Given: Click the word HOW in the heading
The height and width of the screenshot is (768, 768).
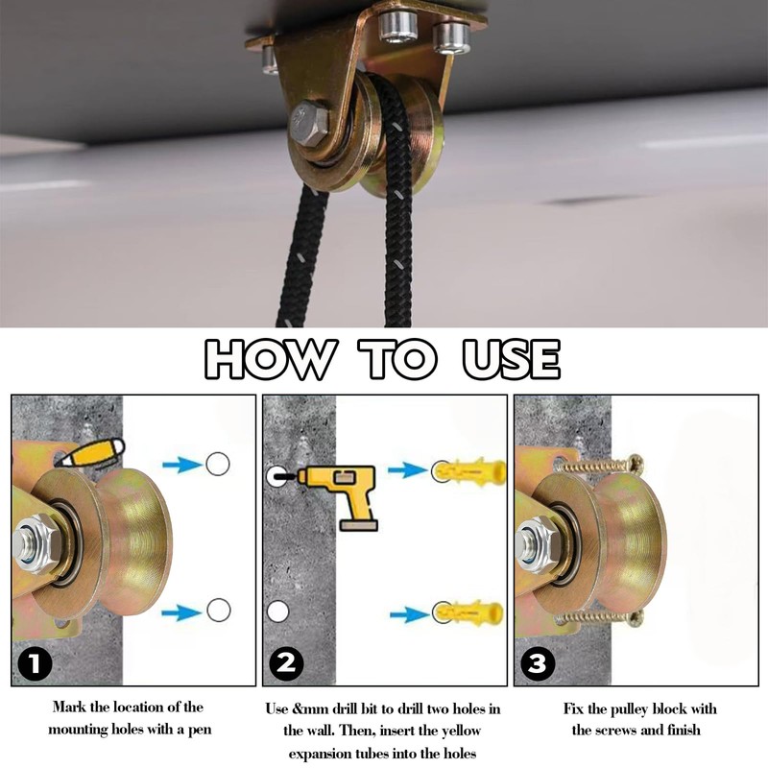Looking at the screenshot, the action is (x=271, y=359).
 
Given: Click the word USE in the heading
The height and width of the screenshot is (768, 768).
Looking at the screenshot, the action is (x=511, y=359).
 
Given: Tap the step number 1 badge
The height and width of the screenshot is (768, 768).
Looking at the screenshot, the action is (x=35, y=663).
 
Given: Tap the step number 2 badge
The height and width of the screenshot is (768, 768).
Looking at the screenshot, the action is (x=286, y=663).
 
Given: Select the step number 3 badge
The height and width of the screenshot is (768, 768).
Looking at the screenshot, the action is (x=538, y=663).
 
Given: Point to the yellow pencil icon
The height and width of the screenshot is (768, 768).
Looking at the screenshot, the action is (x=92, y=452).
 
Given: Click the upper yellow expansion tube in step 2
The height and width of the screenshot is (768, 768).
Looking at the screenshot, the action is (x=469, y=471).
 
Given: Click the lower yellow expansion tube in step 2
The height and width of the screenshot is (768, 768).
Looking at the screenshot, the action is (x=468, y=612).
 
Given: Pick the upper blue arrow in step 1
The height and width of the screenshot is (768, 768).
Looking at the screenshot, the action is (x=182, y=465).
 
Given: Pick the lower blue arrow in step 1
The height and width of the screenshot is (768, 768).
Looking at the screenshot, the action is (x=181, y=612).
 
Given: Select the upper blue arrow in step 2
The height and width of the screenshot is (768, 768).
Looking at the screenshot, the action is (x=407, y=470).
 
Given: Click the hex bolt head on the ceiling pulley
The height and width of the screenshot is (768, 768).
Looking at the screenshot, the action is (x=309, y=123).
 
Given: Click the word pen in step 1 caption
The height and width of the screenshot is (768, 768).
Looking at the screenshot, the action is (x=200, y=730).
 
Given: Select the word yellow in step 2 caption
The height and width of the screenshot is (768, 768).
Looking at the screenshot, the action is (x=461, y=732).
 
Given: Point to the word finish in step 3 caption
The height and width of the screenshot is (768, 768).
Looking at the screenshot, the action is (x=683, y=730).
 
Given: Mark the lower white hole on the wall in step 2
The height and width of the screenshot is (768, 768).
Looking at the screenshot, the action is (x=277, y=612).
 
